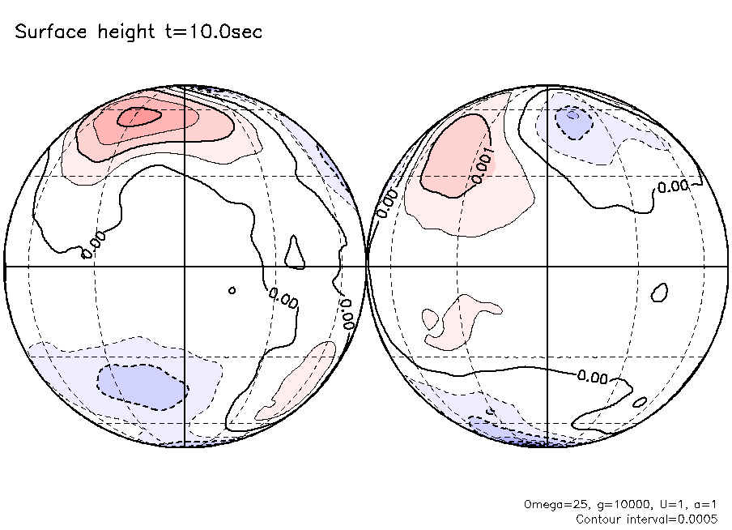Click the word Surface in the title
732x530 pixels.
click(47, 33)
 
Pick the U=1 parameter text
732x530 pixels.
click(669, 504)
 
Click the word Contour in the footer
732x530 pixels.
click(599, 519)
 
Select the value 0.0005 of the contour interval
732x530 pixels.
click(698, 519)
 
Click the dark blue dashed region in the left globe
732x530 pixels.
click(143, 387)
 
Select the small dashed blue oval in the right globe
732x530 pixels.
click(572, 122)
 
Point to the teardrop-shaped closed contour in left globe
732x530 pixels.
click(296, 253)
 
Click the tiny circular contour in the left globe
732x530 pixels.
click(232, 290)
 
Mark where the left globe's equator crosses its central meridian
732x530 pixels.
click(185, 266)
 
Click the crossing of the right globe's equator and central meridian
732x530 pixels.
click(548, 266)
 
